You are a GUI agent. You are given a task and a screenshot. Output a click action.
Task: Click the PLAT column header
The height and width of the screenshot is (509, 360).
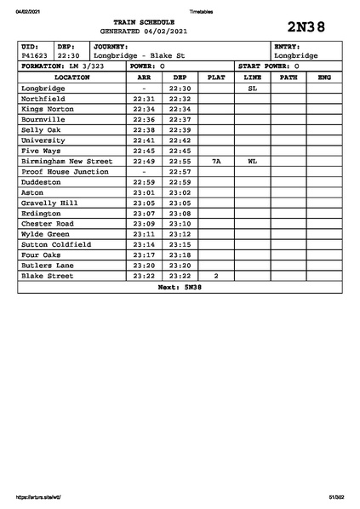coord(216,77)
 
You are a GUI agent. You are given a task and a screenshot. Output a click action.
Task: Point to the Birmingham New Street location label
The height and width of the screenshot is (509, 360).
coord(66,161)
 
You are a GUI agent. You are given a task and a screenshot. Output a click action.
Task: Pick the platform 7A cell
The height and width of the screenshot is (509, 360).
coord(216,161)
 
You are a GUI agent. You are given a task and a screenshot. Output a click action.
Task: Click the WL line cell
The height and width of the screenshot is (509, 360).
coord(252,161)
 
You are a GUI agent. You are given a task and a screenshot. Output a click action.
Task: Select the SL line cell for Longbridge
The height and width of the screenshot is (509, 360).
coord(252,88)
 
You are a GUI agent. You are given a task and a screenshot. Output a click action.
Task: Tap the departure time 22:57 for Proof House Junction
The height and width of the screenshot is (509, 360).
coord(180,171)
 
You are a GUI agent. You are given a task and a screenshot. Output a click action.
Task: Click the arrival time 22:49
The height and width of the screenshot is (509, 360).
coord(144,161)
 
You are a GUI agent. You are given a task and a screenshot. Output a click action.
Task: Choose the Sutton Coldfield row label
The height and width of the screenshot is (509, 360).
coord(56,244)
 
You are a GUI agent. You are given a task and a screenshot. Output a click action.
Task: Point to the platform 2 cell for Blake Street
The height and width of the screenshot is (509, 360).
coord(216,276)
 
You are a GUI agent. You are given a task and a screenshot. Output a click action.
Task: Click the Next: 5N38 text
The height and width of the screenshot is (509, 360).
coord(180,287)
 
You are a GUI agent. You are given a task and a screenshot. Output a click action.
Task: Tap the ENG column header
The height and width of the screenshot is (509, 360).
coord(324,77)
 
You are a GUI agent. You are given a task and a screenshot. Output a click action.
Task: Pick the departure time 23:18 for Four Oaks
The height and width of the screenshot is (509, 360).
coord(180,254)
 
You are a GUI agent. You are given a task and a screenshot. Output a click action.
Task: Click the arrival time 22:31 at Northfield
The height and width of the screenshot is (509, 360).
coord(144,98)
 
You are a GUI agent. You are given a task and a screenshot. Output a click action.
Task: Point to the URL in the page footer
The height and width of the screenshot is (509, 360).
coord(39,497)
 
